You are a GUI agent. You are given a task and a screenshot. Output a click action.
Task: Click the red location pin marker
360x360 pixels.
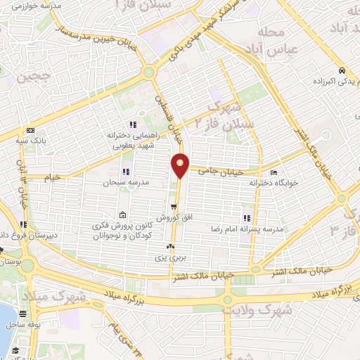tap(181, 165)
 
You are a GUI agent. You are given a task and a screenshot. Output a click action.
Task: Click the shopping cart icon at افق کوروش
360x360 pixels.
tap(173, 207)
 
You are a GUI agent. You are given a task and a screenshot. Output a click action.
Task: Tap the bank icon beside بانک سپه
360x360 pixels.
tap(30, 130)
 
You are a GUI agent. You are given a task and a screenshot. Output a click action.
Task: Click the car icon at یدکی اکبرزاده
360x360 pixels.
tap(341, 70)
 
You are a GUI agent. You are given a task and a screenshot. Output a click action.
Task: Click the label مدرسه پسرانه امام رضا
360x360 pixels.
tap(247, 229)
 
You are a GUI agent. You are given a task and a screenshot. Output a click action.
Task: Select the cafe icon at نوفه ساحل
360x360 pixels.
tap(23, 314)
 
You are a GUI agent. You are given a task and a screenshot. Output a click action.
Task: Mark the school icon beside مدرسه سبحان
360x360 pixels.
tap(125, 172)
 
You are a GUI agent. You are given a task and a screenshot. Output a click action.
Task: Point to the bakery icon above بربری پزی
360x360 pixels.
tap(170, 247)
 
